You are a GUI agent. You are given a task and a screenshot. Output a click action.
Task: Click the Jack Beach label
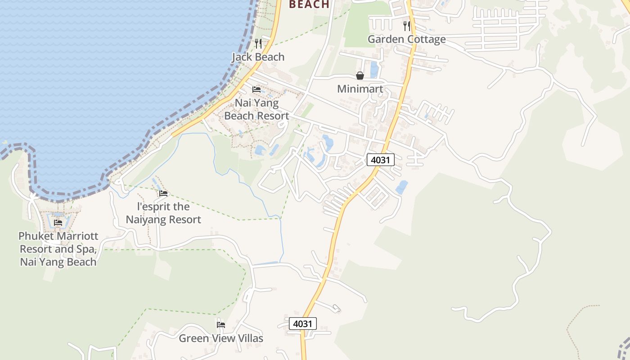[258, 57]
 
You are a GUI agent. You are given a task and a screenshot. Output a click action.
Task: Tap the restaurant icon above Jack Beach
[258, 43]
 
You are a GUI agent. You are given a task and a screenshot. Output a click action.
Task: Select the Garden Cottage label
[406, 39]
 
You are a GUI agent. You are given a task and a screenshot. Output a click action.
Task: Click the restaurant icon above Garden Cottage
[407, 26]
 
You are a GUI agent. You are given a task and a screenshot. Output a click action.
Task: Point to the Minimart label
[360, 89]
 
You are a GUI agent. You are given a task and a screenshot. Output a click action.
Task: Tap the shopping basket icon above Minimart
[360, 76]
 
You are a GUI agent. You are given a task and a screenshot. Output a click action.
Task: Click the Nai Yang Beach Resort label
[256, 109]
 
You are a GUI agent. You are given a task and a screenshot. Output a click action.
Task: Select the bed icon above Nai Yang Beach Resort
[256, 89]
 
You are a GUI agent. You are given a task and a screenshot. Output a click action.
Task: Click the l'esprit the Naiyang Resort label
[163, 213]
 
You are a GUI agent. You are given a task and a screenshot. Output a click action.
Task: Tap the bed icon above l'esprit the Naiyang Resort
[163, 193]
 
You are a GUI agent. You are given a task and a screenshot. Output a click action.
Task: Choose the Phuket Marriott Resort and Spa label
[58, 249]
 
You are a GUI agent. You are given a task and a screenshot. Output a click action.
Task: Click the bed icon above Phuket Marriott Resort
[58, 222]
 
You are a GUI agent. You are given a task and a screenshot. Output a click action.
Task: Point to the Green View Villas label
[220, 338]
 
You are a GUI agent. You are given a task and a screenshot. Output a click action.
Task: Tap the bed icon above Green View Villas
[220, 324]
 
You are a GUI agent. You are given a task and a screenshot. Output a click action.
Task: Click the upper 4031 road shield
[381, 160]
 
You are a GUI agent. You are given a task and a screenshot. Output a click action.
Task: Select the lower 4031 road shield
[303, 324]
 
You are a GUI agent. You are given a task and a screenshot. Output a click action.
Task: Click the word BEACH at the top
[309, 4]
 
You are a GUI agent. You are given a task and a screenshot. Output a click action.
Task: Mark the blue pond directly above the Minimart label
[374, 70]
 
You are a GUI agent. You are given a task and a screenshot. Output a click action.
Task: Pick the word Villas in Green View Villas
[247, 338]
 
